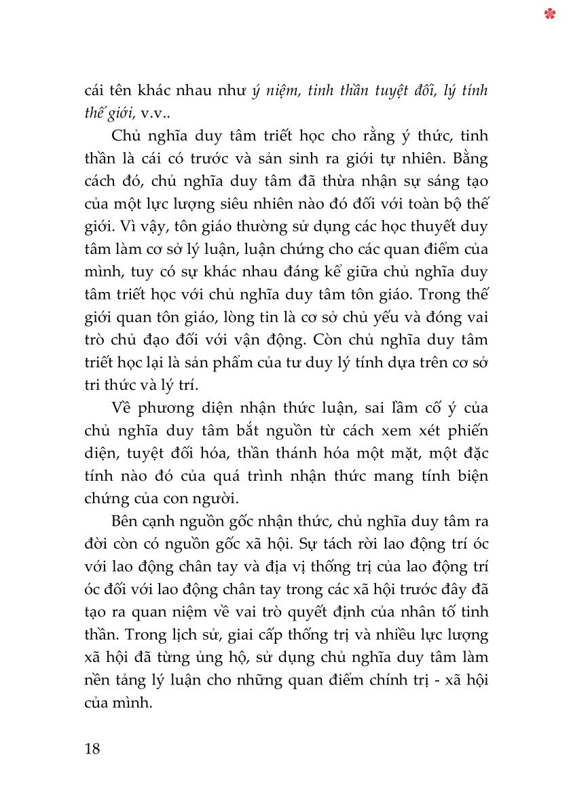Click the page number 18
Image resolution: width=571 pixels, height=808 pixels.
click(x=92, y=750)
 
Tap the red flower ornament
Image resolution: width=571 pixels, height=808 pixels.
click(x=550, y=14)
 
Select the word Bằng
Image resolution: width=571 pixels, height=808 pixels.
click(x=469, y=158)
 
